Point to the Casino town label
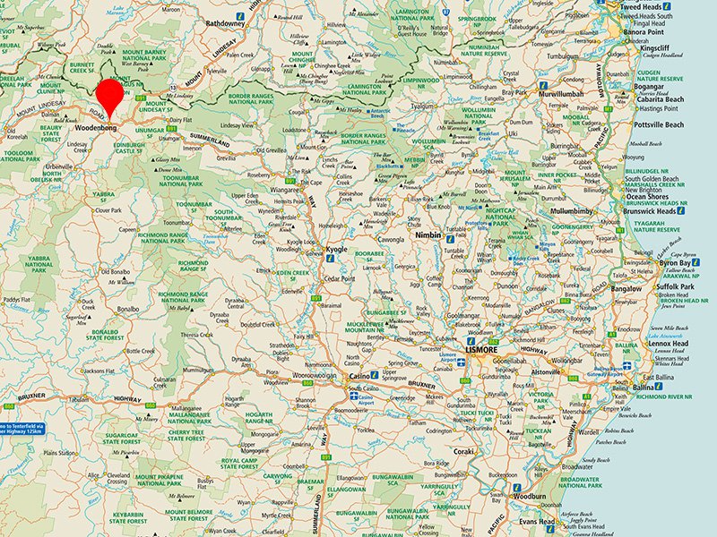361,377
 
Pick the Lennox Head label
669,344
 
